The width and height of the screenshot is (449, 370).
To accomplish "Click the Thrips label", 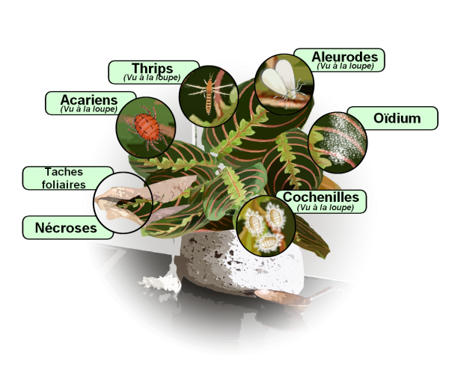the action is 153,68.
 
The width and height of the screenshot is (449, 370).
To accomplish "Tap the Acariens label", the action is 89,100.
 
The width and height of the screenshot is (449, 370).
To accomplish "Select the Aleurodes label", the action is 345,57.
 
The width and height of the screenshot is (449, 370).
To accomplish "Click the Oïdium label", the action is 397,118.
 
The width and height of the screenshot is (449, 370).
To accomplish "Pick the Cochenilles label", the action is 321,197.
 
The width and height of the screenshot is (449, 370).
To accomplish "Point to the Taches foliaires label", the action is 64,178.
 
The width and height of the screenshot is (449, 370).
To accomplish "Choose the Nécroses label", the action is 66,227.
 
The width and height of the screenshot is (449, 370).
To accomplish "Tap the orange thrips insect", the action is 210,92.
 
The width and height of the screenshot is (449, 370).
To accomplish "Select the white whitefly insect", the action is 281,81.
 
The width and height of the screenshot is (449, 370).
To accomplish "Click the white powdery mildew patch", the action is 345,139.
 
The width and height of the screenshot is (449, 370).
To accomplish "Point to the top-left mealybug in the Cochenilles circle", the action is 254,221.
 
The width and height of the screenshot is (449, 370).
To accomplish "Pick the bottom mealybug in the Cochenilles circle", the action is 269,242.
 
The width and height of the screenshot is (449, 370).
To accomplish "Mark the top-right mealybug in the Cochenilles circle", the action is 275,216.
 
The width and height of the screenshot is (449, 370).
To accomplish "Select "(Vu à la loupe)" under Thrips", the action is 152,78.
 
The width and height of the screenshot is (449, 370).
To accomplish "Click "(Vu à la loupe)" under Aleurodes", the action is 345,66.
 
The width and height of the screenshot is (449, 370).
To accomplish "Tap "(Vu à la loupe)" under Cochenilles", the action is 326,207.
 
